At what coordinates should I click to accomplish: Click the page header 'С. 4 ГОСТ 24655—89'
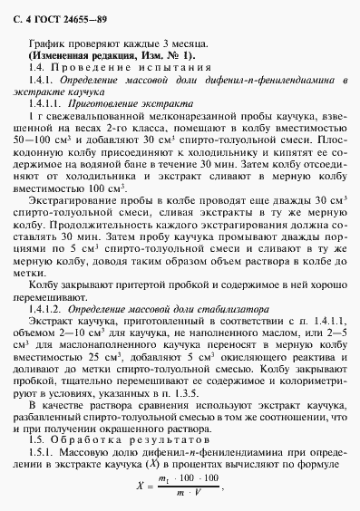[59, 15]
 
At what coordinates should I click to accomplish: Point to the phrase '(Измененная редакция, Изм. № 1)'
[110, 55]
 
